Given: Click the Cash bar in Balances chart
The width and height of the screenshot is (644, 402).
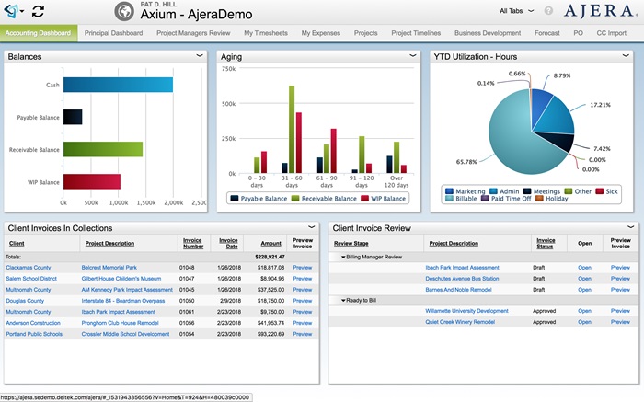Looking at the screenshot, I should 118,86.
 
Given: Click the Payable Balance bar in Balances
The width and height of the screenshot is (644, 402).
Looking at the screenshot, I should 73,117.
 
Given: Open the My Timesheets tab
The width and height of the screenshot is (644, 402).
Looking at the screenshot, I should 265,33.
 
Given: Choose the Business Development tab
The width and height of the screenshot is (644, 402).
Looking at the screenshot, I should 489,33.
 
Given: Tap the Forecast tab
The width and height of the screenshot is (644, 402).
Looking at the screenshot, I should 546,33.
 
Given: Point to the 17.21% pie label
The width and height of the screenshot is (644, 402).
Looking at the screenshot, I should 600,105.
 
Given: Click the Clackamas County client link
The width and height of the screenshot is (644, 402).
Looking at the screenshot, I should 29,268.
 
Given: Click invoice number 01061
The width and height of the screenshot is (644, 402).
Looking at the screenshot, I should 192,312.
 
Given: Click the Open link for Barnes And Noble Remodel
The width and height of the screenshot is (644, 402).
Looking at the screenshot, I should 584,289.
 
